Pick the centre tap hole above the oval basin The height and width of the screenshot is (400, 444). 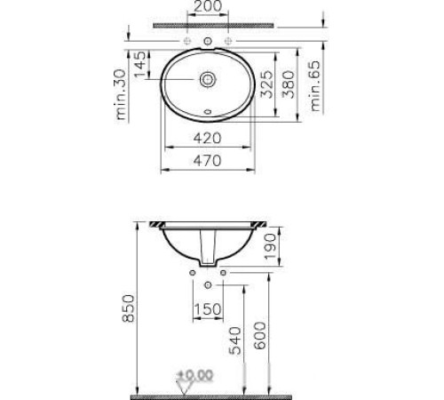point(208,42)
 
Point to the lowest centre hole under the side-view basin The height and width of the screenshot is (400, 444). point(208,284)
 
